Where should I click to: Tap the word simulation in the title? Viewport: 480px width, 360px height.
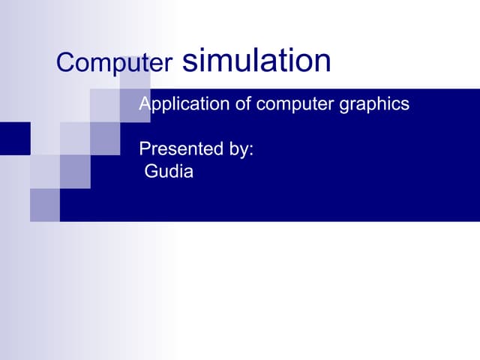pos(256,60)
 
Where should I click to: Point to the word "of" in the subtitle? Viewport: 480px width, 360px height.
pos(244,104)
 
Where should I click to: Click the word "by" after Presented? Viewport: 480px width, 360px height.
pos(238,150)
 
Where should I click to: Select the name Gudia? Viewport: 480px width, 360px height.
pos(169,172)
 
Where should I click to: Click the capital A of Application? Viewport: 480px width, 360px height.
pos(145,103)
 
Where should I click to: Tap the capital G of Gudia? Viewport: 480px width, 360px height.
pos(151,172)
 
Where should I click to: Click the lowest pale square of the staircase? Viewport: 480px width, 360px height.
pos(45,205)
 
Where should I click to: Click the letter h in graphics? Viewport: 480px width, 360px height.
pos(382,103)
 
